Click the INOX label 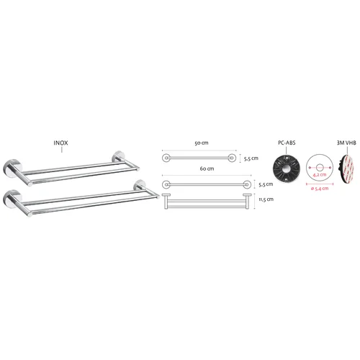pos(60,143)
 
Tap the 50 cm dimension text pos(202,143)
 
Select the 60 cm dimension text pos(207,168)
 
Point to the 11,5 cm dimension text pos(266,199)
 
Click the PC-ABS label pos(287,143)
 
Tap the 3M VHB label pos(346,143)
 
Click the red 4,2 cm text pos(320,174)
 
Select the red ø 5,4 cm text pos(320,189)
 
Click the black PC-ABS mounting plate pos(287,168)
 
